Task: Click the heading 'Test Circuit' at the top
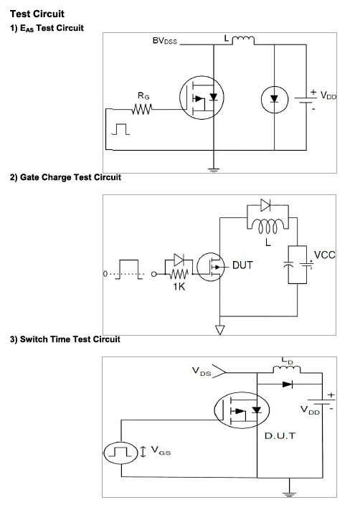click(37, 14)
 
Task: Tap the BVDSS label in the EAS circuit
click(164, 41)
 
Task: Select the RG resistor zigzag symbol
click(142, 109)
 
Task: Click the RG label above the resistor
click(143, 95)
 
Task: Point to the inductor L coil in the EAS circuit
click(243, 40)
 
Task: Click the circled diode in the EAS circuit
click(274, 99)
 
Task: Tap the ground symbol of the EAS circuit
click(214, 170)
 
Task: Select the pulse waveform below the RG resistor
click(120, 129)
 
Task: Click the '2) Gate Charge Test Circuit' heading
click(65, 177)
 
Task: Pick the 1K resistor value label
click(179, 287)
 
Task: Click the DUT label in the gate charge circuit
click(242, 265)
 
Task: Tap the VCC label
click(325, 255)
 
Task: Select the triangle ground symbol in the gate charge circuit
click(219, 330)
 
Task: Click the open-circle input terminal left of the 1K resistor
click(153, 274)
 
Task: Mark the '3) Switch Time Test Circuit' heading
click(65, 339)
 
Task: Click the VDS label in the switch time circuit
click(202, 372)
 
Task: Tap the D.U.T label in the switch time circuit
click(280, 436)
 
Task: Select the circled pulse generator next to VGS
click(121, 453)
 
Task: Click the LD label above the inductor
click(287, 361)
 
